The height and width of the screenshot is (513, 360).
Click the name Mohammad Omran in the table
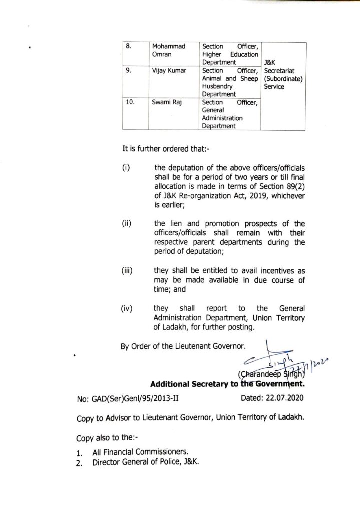click(168, 50)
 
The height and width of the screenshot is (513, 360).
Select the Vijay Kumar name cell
click(169, 71)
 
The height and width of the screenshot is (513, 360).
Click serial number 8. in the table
click(129, 46)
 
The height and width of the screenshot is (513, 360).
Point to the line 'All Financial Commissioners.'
click(133, 453)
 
